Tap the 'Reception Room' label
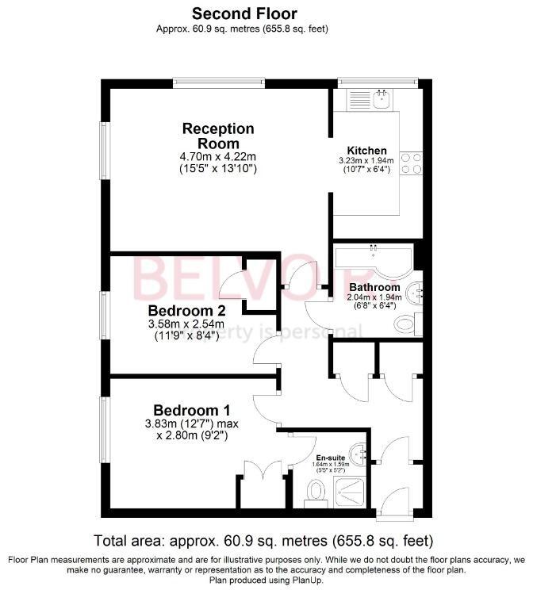point(218,136)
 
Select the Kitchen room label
point(366,150)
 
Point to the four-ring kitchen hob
point(412,163)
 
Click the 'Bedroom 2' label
point(187,310)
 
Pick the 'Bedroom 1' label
point(192,410)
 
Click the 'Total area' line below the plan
point(264,541)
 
